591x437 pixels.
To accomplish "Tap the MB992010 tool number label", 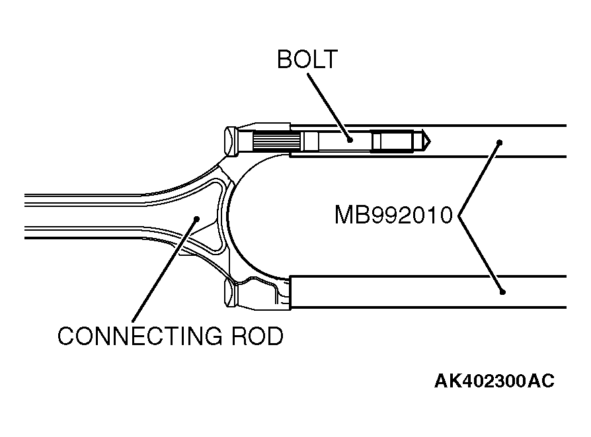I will coord(393,215).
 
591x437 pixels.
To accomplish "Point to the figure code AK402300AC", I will coord(494,381).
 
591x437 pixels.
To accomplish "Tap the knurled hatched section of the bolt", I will coord(277,141).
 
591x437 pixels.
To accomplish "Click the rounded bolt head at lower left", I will coord(231,293).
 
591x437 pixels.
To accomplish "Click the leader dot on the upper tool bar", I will coord(500,141).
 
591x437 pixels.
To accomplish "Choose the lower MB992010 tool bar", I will coord(430,292).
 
